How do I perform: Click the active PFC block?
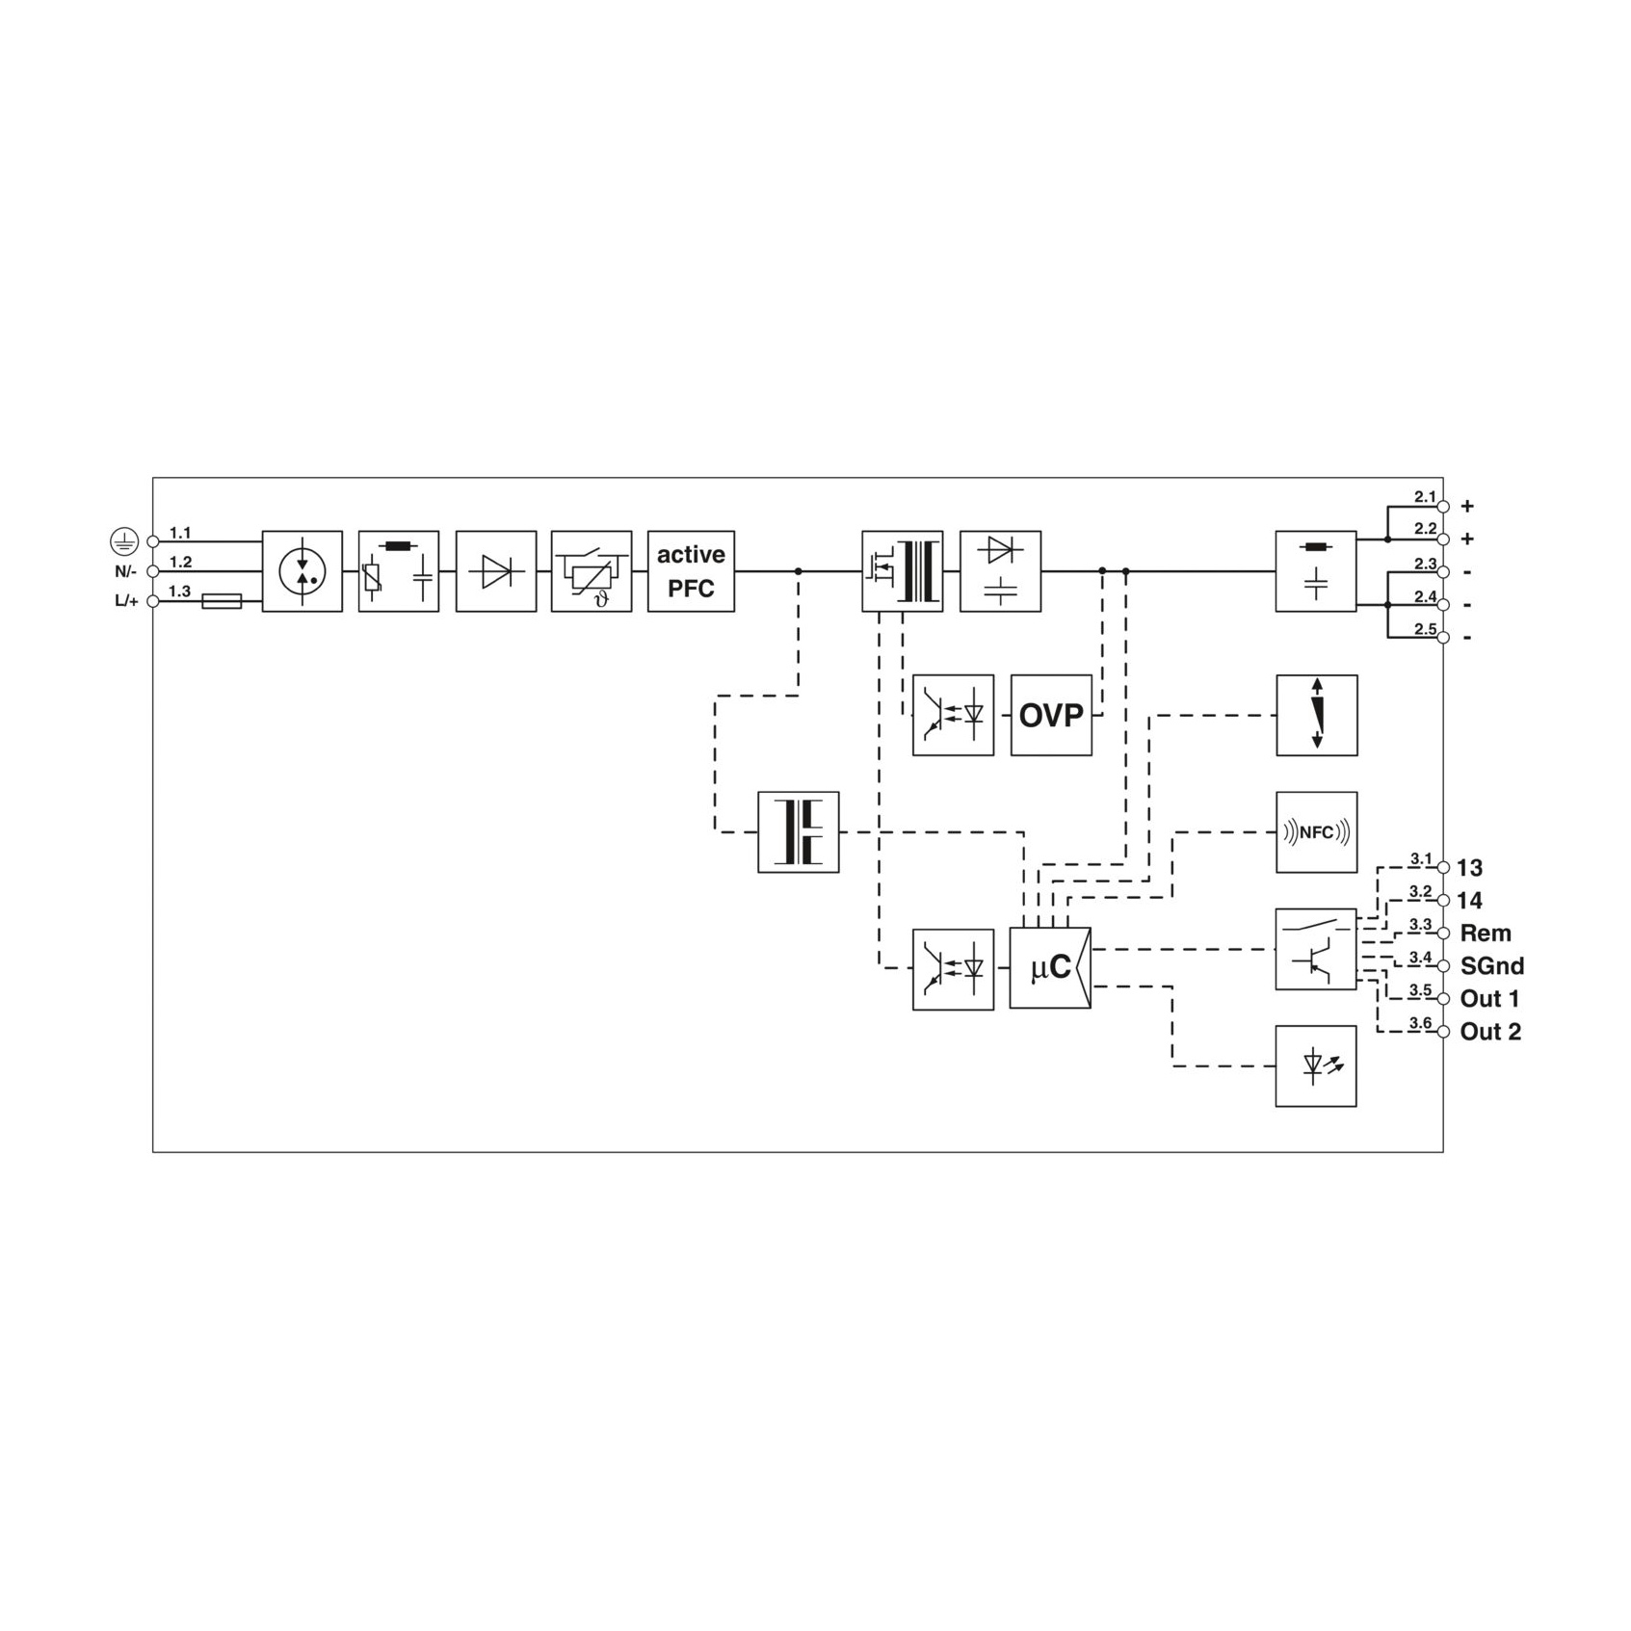pyautogui.click(x=691, y=571)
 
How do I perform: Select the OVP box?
pyautogui.click(x=1051, y=715)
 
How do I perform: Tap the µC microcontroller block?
pyautogui.click(x=1050, y=968)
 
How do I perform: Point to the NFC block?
pyautogui.click(x=1316, y=832)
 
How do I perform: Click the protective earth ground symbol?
pyautogui.click(x=124, y=542)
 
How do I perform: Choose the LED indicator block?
pyautogui.click(x=1316, y=1065)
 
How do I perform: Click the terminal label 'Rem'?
pyautogui.click(x=1486, y=934)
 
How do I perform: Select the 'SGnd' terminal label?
pyautogui.click(x=1492, y=966)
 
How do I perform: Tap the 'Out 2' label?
pyautogui.click(x=1490, y=1032)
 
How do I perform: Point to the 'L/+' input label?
pyautogui.click(x=127, y=601)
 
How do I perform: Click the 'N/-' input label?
pyautogui.click(x=126, y=571)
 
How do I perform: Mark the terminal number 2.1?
pyautogui.click(x=1425, y=496)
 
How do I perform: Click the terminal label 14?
pyautogui.click(x=1469, y=901)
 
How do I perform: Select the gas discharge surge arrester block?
pyautogui.click(x=303, y=571)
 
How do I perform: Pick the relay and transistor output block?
pyautogui.click(x=1316, y=949)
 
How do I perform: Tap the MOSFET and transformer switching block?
pyautogui.click(x=903, y=571)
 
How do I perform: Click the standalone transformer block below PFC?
pyautogui.click(x=799, y=832)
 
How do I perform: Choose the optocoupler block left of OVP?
pyautogui.click(x=953, y=715)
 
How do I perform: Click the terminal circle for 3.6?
pyautogui.click(x=1443, y=1032)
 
